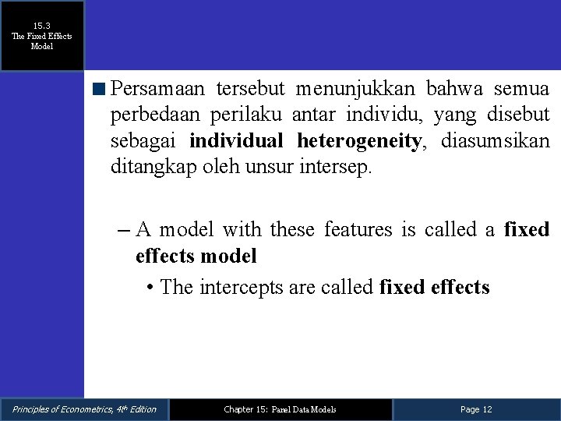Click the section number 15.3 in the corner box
42,26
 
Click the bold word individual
238,141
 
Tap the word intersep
337,168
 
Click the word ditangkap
148,168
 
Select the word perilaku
249,115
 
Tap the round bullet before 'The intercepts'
150,288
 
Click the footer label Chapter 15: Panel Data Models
280,409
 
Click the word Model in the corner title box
42,46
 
